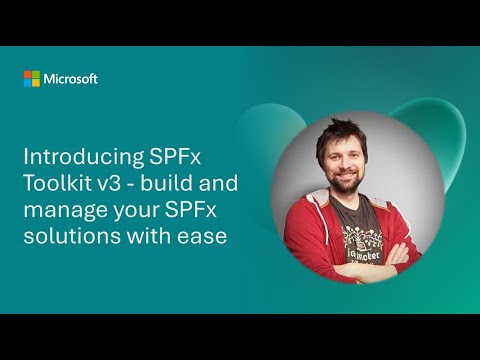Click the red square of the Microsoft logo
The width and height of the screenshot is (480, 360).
[27, 75]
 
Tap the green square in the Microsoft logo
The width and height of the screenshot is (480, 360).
[35, 75]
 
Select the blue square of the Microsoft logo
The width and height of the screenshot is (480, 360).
[27, 83]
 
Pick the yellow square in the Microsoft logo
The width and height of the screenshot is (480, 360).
[35, 83]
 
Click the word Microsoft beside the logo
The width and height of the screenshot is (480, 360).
[70, 79]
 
